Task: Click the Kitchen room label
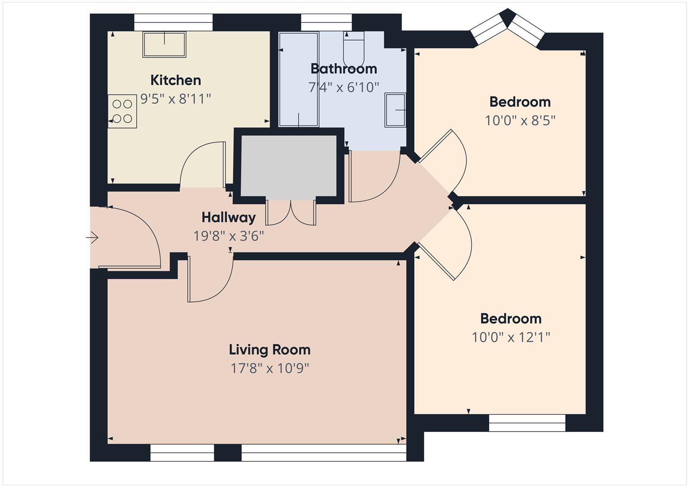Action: pyautogui.click(x=176, y=80)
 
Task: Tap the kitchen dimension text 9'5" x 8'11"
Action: pyautogui.click(x=176, y=99)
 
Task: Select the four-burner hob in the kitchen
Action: pyautogui.click(x=122, y=111)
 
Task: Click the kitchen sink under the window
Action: pyautogui.click(x=164, y=44)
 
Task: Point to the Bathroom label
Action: pyautogui.click(x=343, y=69)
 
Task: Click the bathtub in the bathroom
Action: pyautogui.click(x=298, y=79)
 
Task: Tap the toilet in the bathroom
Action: pyautogui.click(x=353, y=50)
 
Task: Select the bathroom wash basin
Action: pyautogui.click(x=395, y=110)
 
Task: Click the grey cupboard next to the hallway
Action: pyautogui.click(x=289, y=165)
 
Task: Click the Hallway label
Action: pyautogui.click(x=228, y=217)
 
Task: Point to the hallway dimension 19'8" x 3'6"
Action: pyautogui.click(x=228, y=236)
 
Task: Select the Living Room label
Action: pyautogui.click(x=269, y=350)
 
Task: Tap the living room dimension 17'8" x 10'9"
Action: pyautogui.click(x=269, y=368)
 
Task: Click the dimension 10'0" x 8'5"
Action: pyautogui.click(x=520, y=121)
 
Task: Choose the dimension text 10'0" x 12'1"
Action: pyautogui.click(x=511, y=337)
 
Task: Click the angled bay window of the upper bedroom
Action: pyautogui.click(x=508, y=28)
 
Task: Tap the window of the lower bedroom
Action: pyautogui.click(x=527, y=423)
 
